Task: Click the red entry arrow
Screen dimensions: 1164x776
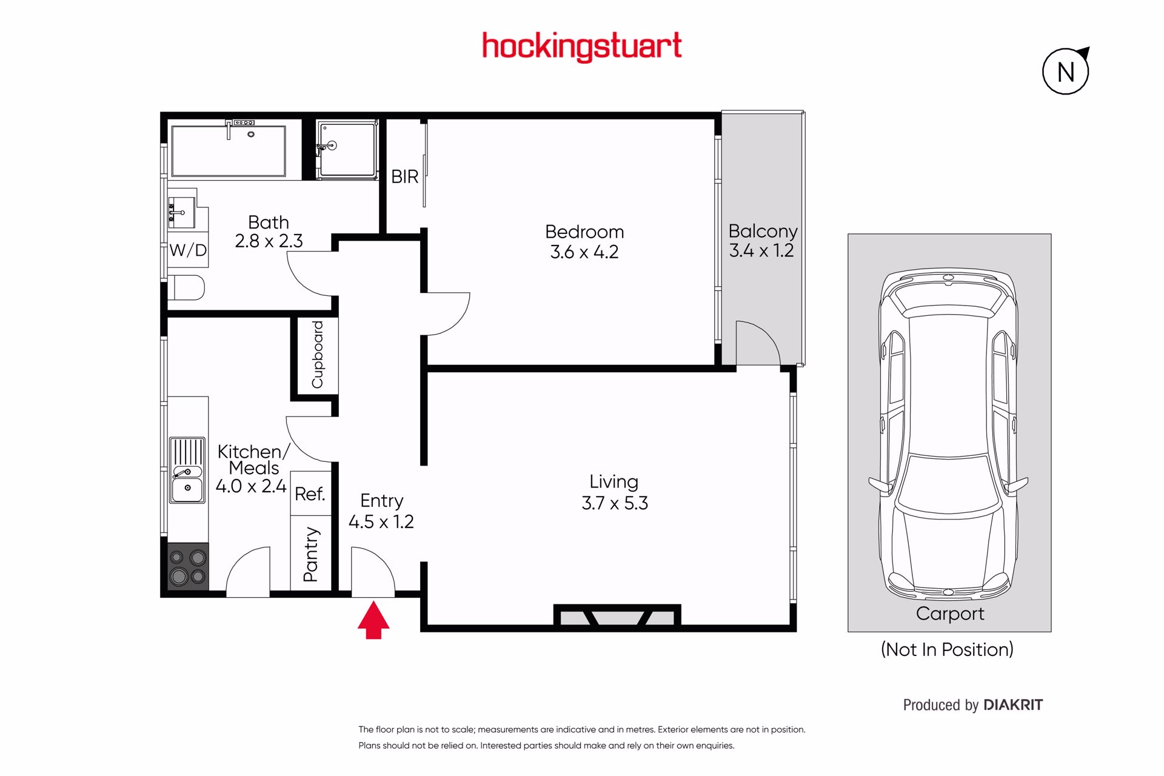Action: coord(373,620)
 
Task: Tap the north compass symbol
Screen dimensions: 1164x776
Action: coord(1066,71)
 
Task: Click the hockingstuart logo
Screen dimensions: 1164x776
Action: coord(582,47)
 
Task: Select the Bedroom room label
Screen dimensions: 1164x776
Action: coord(584,232)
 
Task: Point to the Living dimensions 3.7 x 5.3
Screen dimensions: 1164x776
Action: coord(615,503)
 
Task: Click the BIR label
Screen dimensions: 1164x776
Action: coord(405,176)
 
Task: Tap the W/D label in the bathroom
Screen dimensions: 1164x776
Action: coord(188,250)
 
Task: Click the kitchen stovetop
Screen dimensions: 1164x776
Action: coord(188,567)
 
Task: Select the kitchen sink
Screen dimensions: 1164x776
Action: coord(187,470)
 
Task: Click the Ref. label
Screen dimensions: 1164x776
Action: coord(310,494)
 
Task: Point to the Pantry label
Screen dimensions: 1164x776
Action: coord(310,554)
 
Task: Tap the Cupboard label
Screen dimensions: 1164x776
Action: coord(317,355)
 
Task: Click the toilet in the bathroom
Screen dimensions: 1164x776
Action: coord(186,287)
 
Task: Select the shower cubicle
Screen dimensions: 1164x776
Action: coord(347,149)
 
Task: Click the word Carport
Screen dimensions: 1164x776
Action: coord(950,614)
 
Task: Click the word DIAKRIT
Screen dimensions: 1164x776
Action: coord(1013,705)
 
